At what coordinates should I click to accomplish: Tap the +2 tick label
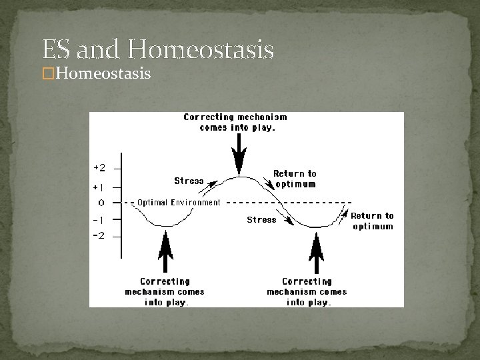(99, 167)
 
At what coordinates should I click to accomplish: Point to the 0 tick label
(101, 202)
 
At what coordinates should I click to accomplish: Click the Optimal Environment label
(179, 203)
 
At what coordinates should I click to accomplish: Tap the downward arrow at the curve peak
(238, 156)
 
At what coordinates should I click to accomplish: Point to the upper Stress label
(189, 181)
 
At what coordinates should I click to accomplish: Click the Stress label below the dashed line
(261, 219)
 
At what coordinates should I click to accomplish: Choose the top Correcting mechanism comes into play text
(235, 122)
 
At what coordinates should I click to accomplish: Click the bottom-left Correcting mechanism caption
(165, 291)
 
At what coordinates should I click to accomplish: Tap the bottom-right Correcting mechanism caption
(307, 291)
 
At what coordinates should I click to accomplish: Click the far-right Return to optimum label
(372, 221)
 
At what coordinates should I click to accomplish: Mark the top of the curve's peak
(239, 177)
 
